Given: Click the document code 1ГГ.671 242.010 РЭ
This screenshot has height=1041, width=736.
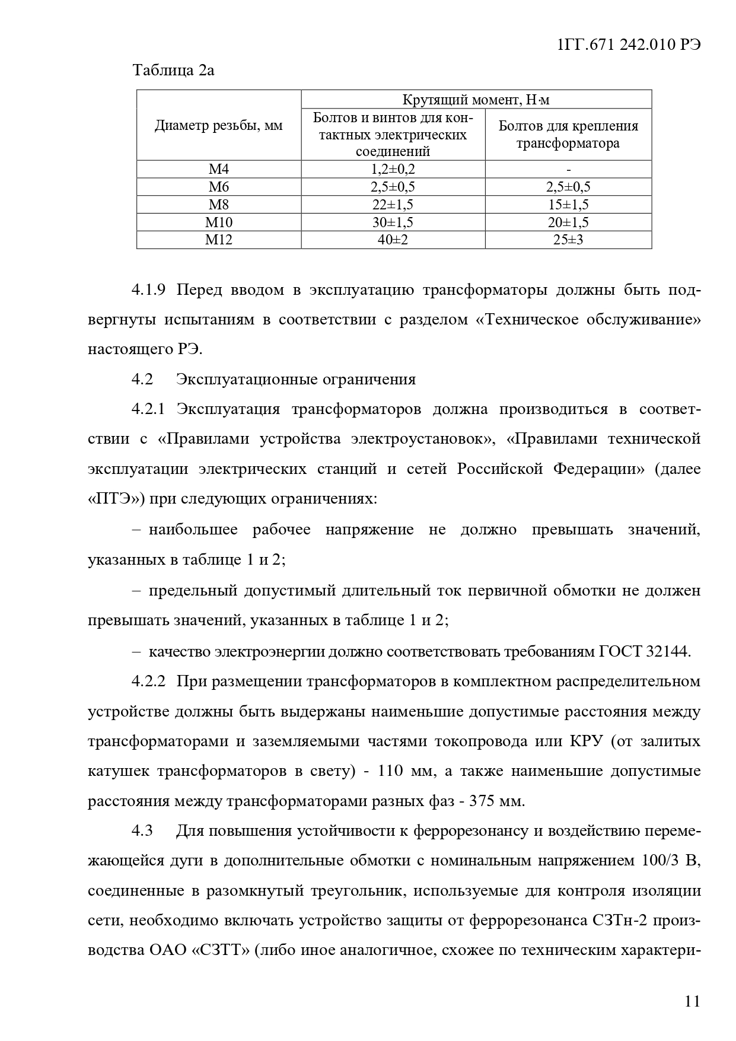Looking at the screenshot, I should tap(630, 45).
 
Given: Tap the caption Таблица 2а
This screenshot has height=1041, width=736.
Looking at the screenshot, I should tap(173, 71).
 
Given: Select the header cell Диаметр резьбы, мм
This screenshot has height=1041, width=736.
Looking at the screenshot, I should tap(219, 126).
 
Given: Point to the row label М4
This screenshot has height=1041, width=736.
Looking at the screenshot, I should tap(219, 170).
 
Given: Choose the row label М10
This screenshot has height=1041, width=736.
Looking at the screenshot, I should tap(219, 222).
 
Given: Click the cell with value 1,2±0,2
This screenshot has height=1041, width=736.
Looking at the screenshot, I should tap(393, 170).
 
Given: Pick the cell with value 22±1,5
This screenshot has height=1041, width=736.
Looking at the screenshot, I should tap(393, 205).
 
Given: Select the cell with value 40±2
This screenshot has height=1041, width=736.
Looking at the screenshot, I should tap(393, 240).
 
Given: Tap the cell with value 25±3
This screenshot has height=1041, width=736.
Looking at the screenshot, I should tap(568, 240).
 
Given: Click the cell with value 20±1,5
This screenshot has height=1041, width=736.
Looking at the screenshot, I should tap(568, 222).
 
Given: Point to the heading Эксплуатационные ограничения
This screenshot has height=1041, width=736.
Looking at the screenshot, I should tap(295, 379).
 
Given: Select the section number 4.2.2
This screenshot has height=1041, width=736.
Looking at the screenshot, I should tap(148, 681).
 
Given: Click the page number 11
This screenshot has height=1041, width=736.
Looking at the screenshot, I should tap(692, 1001).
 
